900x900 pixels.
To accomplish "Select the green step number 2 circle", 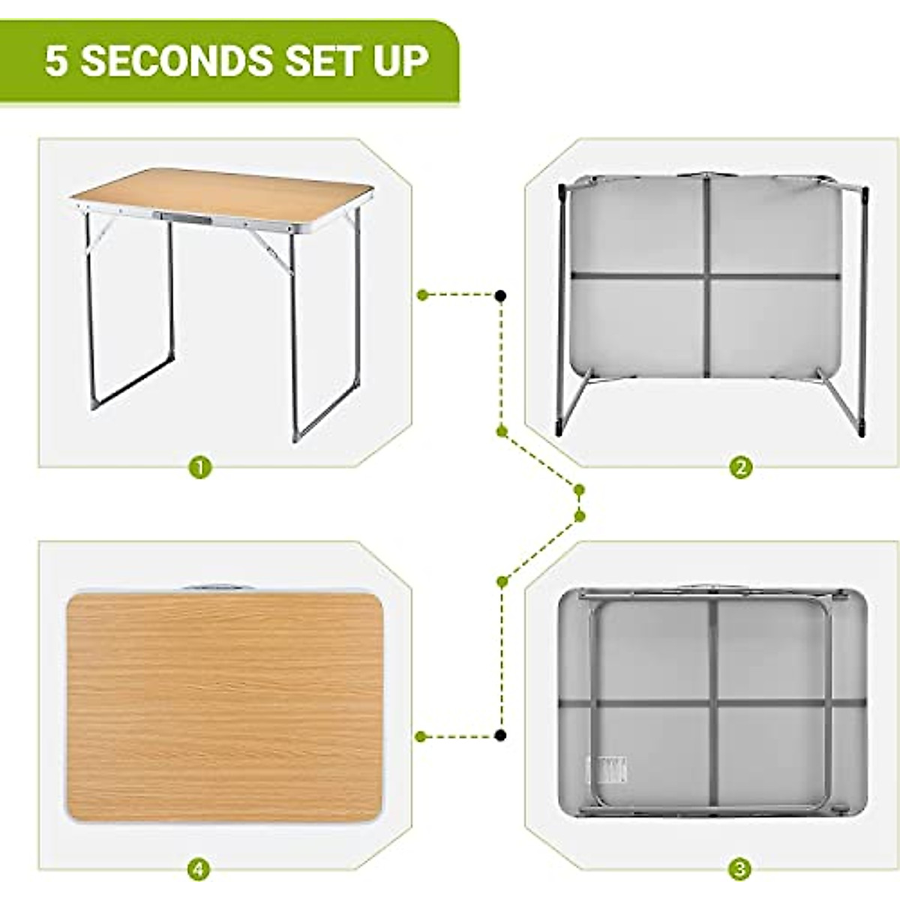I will [740, 469].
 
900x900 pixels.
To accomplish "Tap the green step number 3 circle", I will [740, 870].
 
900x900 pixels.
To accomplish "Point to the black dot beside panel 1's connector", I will [500, 296].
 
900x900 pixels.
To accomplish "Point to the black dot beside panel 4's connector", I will [500, 736].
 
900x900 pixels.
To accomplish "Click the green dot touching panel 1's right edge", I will [422, 295].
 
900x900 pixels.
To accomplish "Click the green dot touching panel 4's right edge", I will [422, 736].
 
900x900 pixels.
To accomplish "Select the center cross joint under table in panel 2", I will [706, 277].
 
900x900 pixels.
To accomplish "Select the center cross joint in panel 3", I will [713, 703].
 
